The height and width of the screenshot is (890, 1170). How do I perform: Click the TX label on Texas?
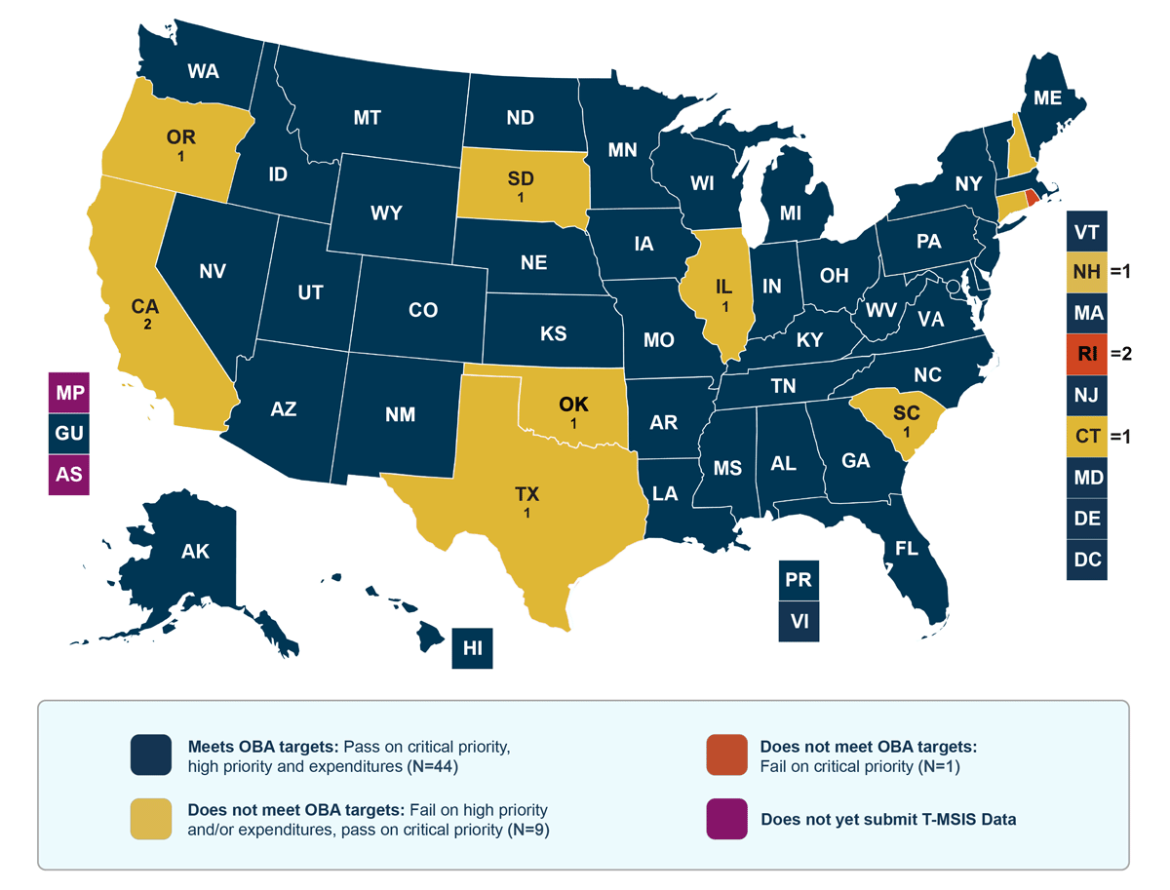click(x=526, y=494)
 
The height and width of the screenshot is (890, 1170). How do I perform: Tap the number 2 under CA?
click(x=147, y=325)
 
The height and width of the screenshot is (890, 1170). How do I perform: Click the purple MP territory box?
click(x=69, y=393)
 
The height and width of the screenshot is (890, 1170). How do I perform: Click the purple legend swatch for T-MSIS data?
click(x=727, y=818)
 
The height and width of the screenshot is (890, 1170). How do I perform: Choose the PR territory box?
click(x=799, y=580)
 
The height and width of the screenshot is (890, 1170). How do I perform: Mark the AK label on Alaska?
click(x=195, y=552)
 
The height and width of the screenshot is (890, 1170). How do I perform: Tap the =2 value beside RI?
click(x=1118, y=354)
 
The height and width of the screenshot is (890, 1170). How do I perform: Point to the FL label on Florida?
click(x=907, y=549)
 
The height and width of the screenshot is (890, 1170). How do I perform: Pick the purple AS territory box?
click(x=69, y=475)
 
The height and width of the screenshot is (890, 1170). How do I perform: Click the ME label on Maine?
click(x=1048, y=98)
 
